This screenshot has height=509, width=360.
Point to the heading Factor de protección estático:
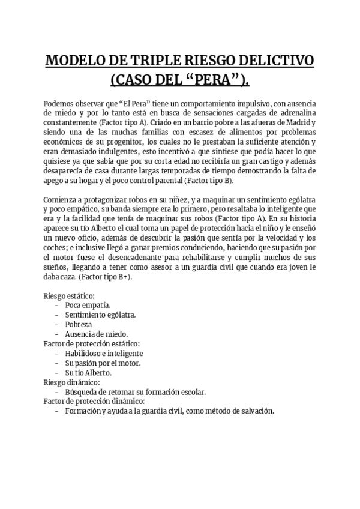(x=91, y=343)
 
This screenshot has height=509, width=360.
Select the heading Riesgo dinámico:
(x=71, y=382)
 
